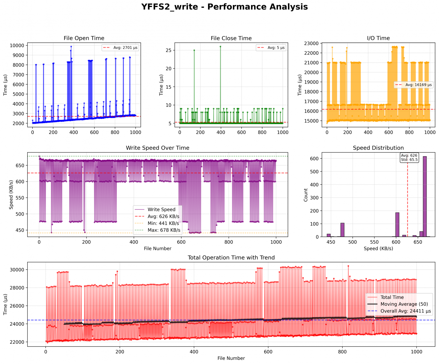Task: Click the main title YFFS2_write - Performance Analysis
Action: [x=224, y=7]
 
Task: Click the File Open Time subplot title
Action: [x=84, y=38]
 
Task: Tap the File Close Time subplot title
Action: [x=231, y=38]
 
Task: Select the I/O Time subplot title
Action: [x=378, y=38]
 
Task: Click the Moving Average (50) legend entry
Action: [x=404, y=304]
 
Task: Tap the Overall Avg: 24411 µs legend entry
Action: [x=406, y=311]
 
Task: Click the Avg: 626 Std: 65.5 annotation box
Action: [x=409, y=158]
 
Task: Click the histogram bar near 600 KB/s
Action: [x=397, y=225]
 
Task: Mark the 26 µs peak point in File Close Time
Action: [x=220, y=47]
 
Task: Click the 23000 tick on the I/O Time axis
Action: [x=313, y=43]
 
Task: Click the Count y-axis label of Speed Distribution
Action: [x=306, y=195]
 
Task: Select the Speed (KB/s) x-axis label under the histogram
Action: [x=378, y=249]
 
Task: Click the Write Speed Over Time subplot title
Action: [x=158, y=148]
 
